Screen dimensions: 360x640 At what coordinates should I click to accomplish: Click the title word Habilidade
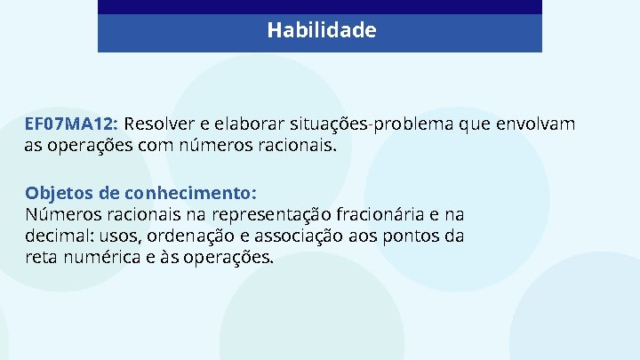tap(322, 31)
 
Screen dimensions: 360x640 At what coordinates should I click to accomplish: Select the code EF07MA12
tap(75, 124)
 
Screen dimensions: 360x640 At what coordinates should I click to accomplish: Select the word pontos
tap(413, 236)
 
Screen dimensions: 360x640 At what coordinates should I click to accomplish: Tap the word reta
tap(40, 258)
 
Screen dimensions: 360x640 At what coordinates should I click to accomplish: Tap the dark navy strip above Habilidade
tap(320, 6)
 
